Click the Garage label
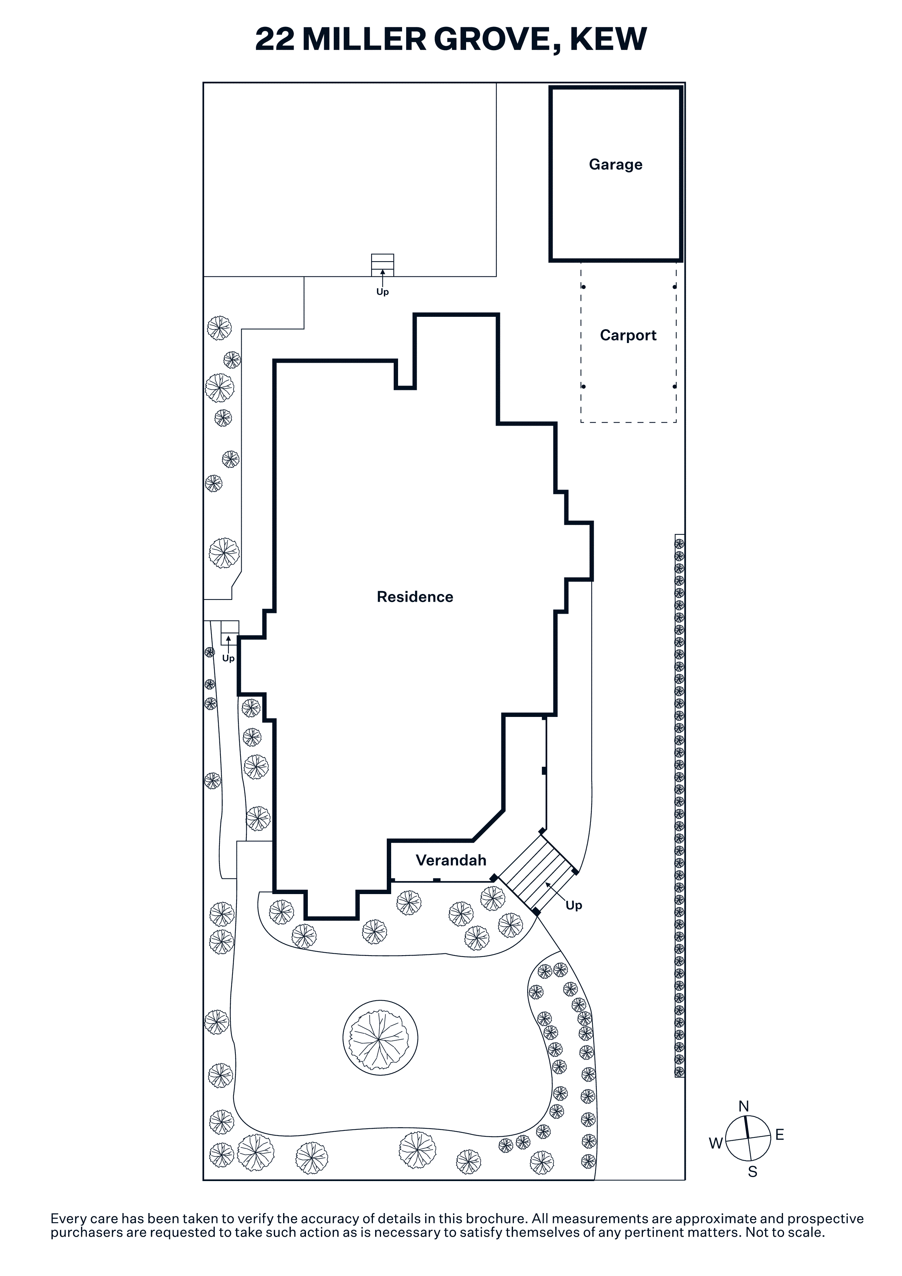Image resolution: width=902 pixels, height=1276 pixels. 615,164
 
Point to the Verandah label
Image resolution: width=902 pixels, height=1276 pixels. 451,860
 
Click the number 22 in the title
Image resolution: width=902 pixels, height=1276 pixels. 275,39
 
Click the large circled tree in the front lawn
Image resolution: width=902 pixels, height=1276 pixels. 380,1038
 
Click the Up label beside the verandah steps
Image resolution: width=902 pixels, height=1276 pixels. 573,905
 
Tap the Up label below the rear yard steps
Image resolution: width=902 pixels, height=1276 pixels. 382,292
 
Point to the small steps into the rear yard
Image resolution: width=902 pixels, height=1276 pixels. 382,265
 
